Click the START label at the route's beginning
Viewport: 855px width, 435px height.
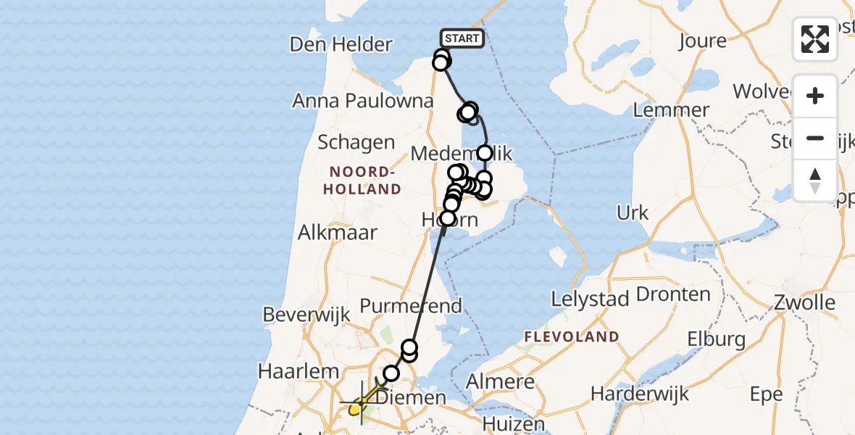462,38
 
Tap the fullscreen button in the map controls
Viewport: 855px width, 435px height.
815,39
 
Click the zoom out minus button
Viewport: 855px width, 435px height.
815,138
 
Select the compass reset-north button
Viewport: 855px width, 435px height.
815,180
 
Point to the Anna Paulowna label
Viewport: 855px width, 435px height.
362,101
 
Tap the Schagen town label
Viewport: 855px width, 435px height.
356,142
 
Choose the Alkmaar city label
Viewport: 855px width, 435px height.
338,233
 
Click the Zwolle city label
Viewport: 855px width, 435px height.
804,302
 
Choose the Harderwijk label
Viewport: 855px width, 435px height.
640,394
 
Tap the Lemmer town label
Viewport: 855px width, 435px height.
671,110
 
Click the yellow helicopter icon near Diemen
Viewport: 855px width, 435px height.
356,409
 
